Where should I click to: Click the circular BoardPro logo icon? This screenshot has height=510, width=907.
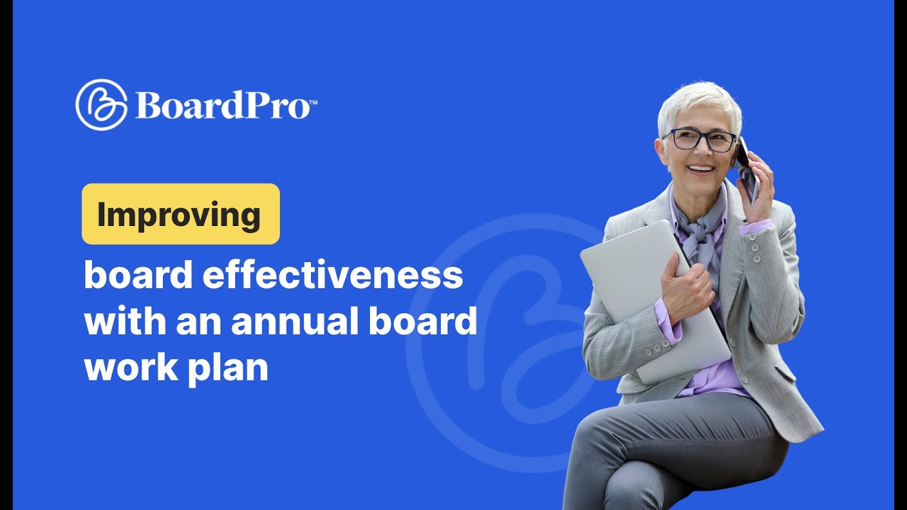click(101, 105)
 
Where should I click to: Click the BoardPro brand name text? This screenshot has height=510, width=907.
click(222, 106)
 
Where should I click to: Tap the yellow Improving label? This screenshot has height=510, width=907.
click(181, 214)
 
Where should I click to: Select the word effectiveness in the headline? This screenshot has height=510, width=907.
click(332, 276)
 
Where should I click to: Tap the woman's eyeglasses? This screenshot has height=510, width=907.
click(699, 140)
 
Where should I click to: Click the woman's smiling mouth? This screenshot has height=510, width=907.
click(701, 169)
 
